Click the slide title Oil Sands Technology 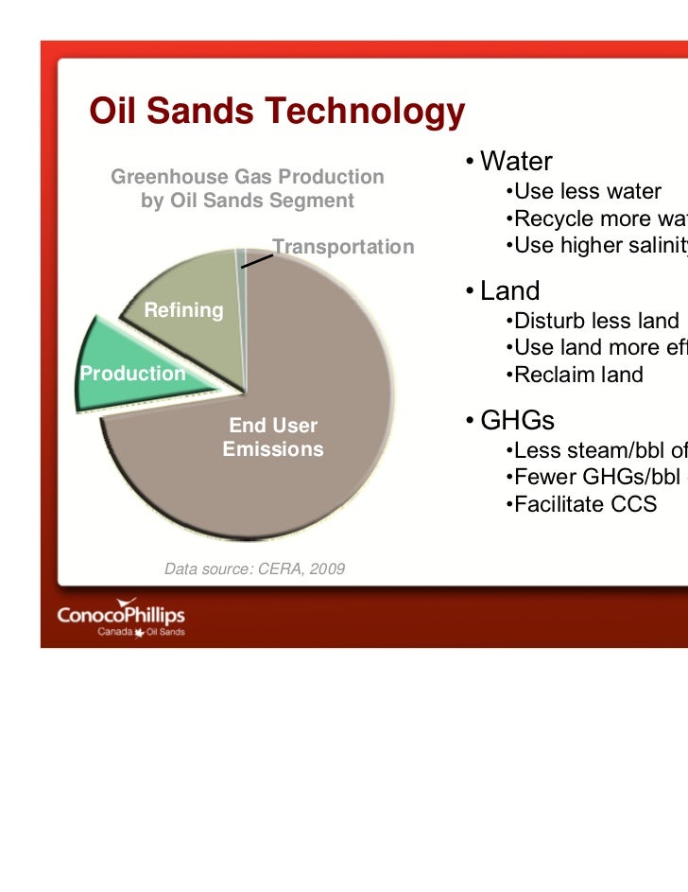click(x=276, y=113)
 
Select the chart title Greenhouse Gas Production click(x=248, y=177)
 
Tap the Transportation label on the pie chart click(x=343, y=247)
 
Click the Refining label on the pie click(x=183, y=310)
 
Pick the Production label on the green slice click(x=132, y=374)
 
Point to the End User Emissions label click(x=273, y=437)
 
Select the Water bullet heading click(x=515, y=162)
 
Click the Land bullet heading click(x=509, y=290)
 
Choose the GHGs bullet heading click(x=516, y=420)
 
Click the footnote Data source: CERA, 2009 click(x=254, y=568)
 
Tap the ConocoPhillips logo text click(x=121, y=615)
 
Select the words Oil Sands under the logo click(x=165, y=633)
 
